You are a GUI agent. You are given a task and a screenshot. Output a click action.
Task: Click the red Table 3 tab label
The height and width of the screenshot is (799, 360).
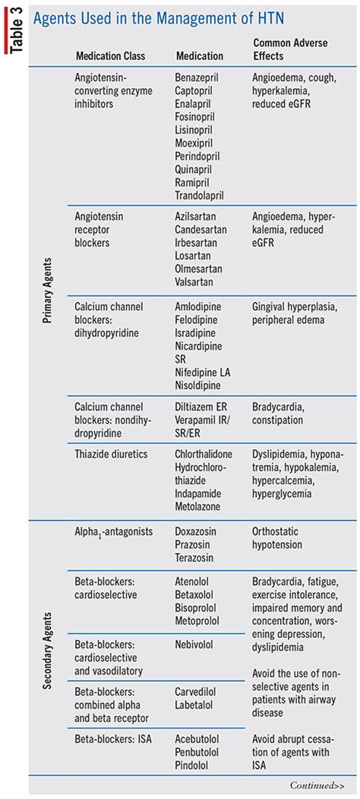pyautogui.click(x=14, y=29)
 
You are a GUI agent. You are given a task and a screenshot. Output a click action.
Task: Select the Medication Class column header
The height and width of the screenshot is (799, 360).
pyautogui.click(x=110, y=56)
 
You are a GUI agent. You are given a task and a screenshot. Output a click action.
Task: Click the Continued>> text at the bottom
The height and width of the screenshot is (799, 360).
pyautogui.click(x=317, y=785)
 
